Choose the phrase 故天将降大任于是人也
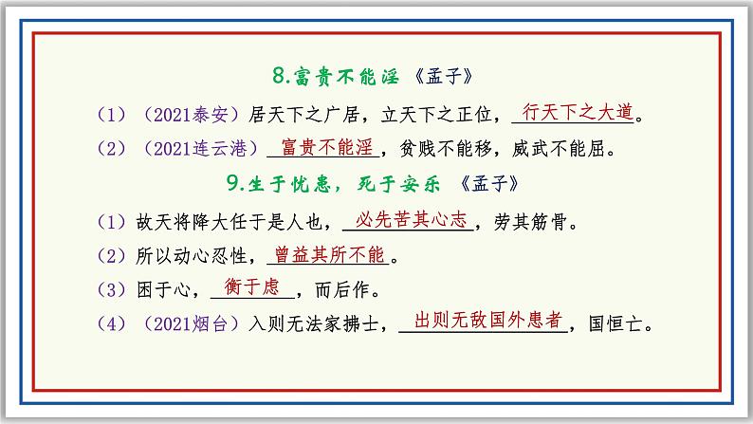pos(228,222)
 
